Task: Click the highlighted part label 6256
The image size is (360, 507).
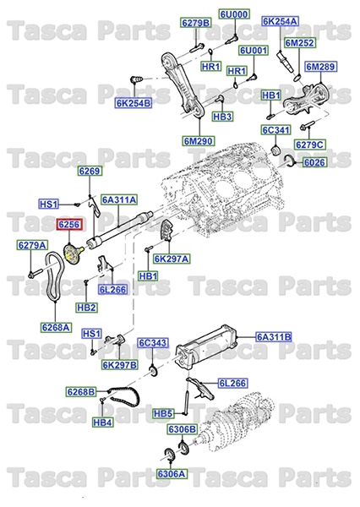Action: click(x=68, y=224)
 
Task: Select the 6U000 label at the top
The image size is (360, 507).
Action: click(x=233, y=15)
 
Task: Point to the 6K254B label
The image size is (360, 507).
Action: click(x=133, y=104)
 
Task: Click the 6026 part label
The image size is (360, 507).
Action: click(x=314, y=162)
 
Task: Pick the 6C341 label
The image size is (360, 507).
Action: click(x=275, y=131)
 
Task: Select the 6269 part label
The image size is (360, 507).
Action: click(x=90, y=172)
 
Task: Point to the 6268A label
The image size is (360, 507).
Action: click(x=56, y=326)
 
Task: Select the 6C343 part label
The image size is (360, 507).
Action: click(x=154, y=343)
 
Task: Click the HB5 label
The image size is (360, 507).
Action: click(x=163, y=414)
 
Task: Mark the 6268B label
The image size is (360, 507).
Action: click(x=84, y=391)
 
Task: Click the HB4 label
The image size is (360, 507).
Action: click(x=103, y=422)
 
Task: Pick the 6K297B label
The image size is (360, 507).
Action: click(x=120, y=365)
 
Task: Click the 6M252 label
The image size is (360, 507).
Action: click(x=298, y=42)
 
